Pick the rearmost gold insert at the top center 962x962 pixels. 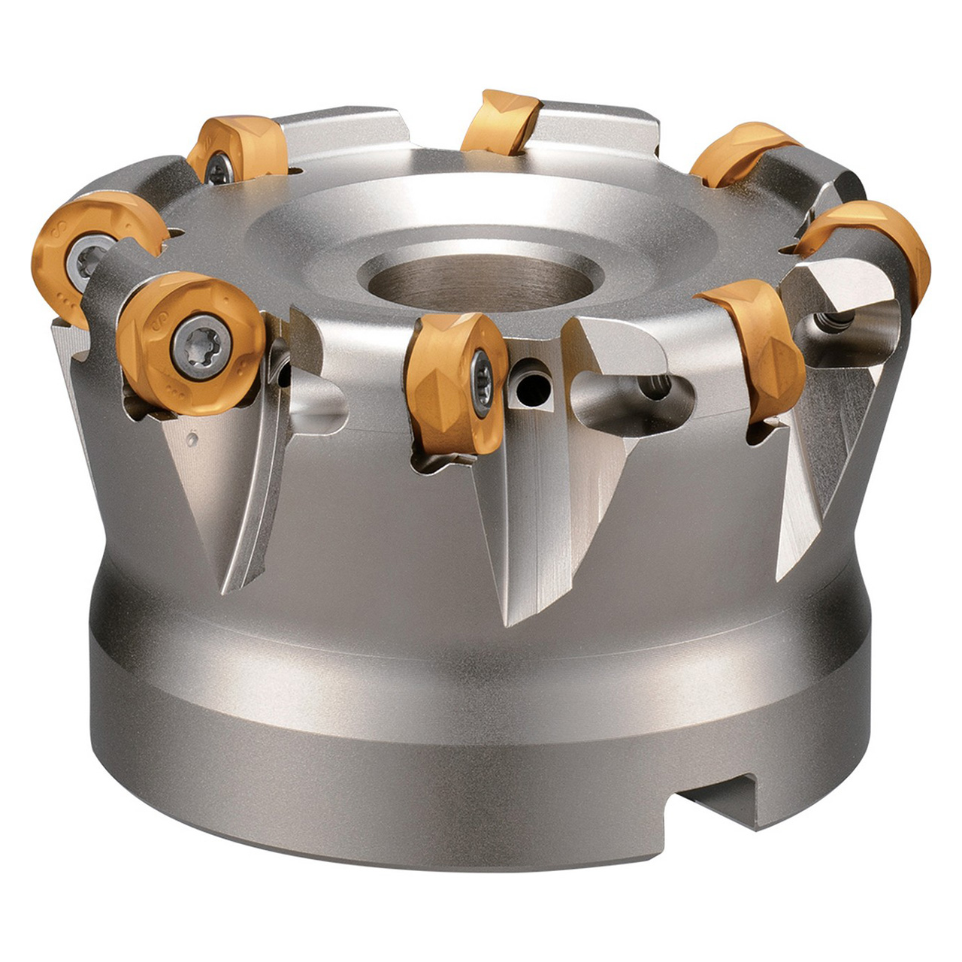[501, 120]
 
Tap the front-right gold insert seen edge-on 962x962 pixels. [755, 346]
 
